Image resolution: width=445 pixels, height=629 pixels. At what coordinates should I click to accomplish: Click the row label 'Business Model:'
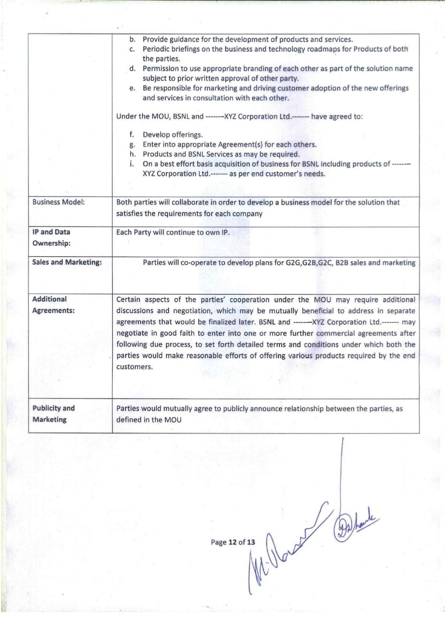point(58,202)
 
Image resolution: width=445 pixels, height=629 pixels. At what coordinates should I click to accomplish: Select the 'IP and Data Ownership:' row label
point(51,238)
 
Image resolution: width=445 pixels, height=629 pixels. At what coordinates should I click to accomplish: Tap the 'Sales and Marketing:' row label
point(67,262)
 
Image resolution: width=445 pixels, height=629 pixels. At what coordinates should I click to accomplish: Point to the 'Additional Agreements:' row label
point(53,305)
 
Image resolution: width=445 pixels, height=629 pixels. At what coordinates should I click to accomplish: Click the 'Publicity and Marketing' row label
point(53,414)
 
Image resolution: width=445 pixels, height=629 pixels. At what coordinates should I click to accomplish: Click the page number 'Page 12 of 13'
point(233,542)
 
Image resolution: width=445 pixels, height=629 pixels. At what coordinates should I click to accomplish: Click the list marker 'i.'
point(132,164)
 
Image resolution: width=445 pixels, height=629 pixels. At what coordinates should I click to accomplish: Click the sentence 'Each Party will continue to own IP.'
point(173,233)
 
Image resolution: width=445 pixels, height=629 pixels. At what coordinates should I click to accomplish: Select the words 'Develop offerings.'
point(172,135)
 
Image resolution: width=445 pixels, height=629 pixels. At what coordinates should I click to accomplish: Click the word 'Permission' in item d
point(160,69)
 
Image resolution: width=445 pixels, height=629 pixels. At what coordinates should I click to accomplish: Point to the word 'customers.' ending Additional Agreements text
point(134,367)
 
